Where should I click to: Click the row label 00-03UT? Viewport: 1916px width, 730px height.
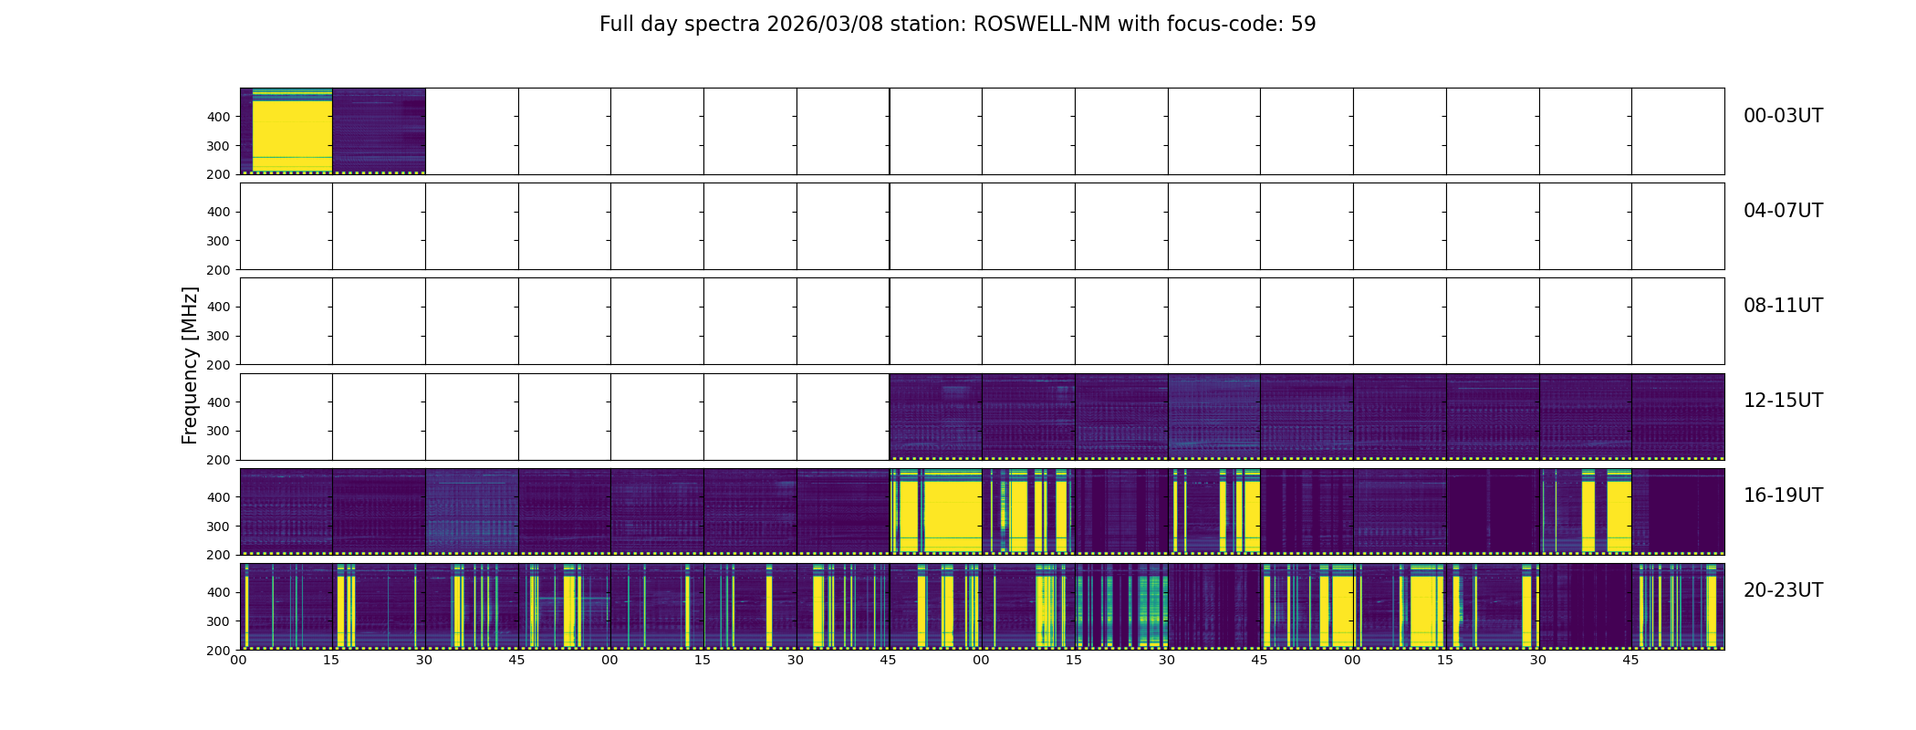click(1783, 116)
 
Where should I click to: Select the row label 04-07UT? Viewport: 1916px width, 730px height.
click(1783, 211)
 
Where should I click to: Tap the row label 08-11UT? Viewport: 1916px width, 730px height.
click(1783, 306)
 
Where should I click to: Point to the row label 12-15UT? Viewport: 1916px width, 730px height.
click(1783, 401)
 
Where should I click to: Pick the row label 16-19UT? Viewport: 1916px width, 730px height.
click(1783, 495)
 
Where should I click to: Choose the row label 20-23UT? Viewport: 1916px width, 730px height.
click(1783, 590)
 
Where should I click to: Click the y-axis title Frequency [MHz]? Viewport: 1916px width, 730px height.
click(190, 365)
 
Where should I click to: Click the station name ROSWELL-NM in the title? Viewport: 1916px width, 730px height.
click(1042, 25)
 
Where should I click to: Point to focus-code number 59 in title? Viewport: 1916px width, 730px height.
click(1303, 25)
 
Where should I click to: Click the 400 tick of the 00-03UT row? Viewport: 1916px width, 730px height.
click(218, 117)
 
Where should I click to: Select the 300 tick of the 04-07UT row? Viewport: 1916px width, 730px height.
click(218, 241)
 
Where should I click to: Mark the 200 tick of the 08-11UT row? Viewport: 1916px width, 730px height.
click(218, 365)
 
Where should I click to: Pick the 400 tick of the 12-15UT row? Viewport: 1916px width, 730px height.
click(218, 402)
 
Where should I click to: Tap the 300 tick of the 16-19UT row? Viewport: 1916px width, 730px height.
click(218, 527)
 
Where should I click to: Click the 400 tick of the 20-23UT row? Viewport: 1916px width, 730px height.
click(218, 592)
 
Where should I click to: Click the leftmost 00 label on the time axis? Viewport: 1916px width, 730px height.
click(239, 660)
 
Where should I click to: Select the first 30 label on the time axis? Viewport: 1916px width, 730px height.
click(424, 660)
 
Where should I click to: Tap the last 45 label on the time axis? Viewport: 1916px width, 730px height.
click(1630, 660)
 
